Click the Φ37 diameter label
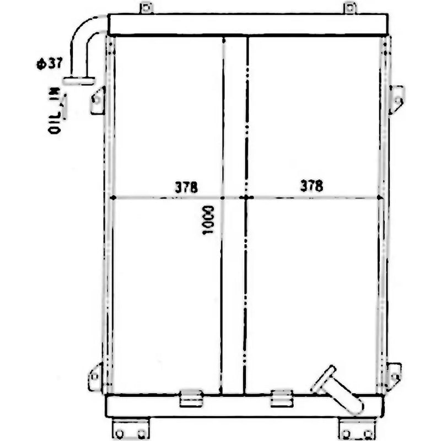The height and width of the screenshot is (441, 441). (49, 63)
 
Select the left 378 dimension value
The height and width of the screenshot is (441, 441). (186, 187)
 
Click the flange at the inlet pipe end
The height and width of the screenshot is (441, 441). (79, 81)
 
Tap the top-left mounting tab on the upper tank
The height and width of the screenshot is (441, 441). (146, 8)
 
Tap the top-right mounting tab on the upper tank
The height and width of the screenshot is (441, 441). (349, 8)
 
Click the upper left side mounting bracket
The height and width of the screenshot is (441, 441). (98, 100)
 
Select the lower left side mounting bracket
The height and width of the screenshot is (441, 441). (95, 377)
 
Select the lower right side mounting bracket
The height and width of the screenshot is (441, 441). (394, 375)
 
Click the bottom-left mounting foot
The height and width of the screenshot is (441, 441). (130, 429)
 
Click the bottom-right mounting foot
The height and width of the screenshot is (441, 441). (357, 429)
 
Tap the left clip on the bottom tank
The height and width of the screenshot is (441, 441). (191, 398)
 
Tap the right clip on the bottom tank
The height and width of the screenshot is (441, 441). (282, 398)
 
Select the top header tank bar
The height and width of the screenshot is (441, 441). (248, 25)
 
